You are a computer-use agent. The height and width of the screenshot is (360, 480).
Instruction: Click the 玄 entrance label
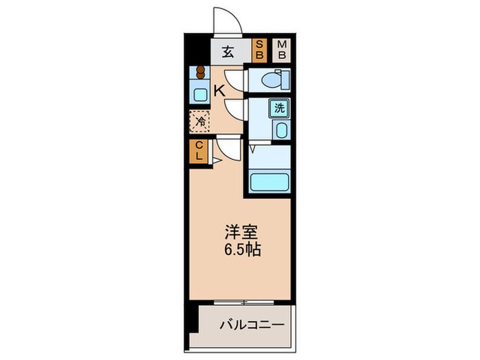coord(228,51)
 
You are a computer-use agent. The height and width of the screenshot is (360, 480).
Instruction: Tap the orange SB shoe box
coord(259,51)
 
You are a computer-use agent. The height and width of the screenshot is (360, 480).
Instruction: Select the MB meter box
coord(282,51)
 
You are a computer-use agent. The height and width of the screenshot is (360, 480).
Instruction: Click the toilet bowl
coord(272,80)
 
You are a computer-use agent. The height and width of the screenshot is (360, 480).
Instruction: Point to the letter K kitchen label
coord(219,91)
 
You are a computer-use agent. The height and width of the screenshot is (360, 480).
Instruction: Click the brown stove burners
coord(200,73)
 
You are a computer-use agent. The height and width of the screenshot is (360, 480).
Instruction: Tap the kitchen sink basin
coord(200,95)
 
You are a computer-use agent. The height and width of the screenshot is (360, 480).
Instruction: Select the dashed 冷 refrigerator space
coord(200,121)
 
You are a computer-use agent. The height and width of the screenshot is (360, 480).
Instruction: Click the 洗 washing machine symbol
coord(279,108)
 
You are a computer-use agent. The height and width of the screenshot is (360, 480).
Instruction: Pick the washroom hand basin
coord(282,130)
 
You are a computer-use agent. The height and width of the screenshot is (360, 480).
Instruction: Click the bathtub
coord(269,182)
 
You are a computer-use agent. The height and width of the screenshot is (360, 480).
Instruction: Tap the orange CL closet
coord(199,152)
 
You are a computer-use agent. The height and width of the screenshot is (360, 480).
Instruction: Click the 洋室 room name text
coord(241,232)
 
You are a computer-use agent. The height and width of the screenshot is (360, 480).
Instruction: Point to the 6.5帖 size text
coord(243,250)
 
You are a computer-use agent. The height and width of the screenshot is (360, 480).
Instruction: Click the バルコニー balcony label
coord(252,324)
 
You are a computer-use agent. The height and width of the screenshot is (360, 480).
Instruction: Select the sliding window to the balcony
coord(244,302)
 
